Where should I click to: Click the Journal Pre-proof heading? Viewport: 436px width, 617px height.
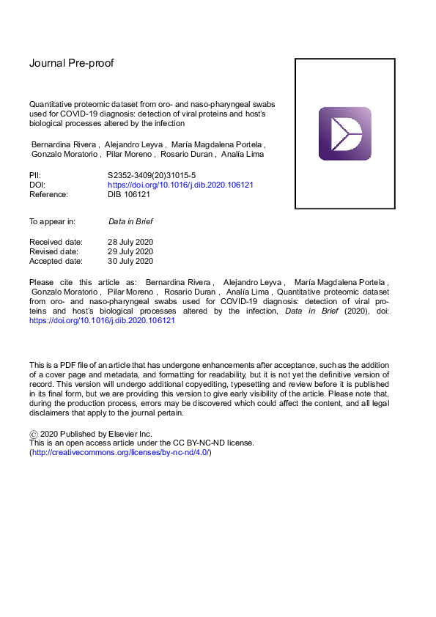point(71,63)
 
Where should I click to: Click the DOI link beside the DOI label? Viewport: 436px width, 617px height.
point(180,185)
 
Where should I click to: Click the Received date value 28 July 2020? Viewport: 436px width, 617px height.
point(130,241)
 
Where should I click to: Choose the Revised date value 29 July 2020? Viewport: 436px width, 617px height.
point(130,251)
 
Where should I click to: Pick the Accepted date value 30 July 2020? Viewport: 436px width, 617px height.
point(130,260)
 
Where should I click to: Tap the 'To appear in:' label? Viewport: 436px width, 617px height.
point(52,221)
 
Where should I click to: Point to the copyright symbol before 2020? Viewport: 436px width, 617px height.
point(33,434)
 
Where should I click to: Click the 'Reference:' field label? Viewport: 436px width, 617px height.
point(48,195)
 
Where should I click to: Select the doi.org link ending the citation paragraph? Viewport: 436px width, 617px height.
point(102,320)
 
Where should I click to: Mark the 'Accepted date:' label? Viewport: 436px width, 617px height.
point(56,260)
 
